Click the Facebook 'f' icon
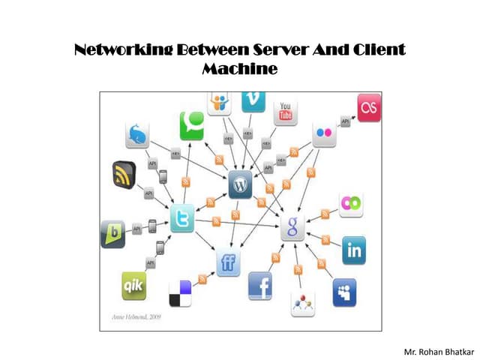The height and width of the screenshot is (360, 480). point(259,286)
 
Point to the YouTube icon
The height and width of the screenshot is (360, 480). point(286,112)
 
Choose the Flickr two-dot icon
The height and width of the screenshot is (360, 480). point(324,133)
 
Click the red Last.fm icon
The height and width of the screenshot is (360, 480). point(367,108)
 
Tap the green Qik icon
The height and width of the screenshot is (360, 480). point(134,286)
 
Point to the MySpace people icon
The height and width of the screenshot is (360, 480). point(344,292)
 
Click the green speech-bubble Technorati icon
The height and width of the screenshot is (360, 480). point(192,125)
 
